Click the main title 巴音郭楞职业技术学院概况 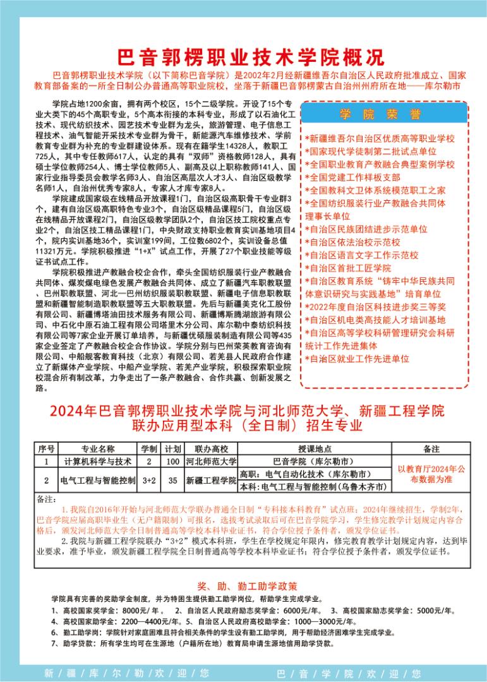(x=251, y=57)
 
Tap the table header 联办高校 (x=211, y=449)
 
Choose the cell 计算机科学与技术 (x=97, y=461)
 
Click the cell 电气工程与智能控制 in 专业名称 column (x=97, y=481)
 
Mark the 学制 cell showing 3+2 (x=149, y=481)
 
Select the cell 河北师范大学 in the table (x=211, y=461)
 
